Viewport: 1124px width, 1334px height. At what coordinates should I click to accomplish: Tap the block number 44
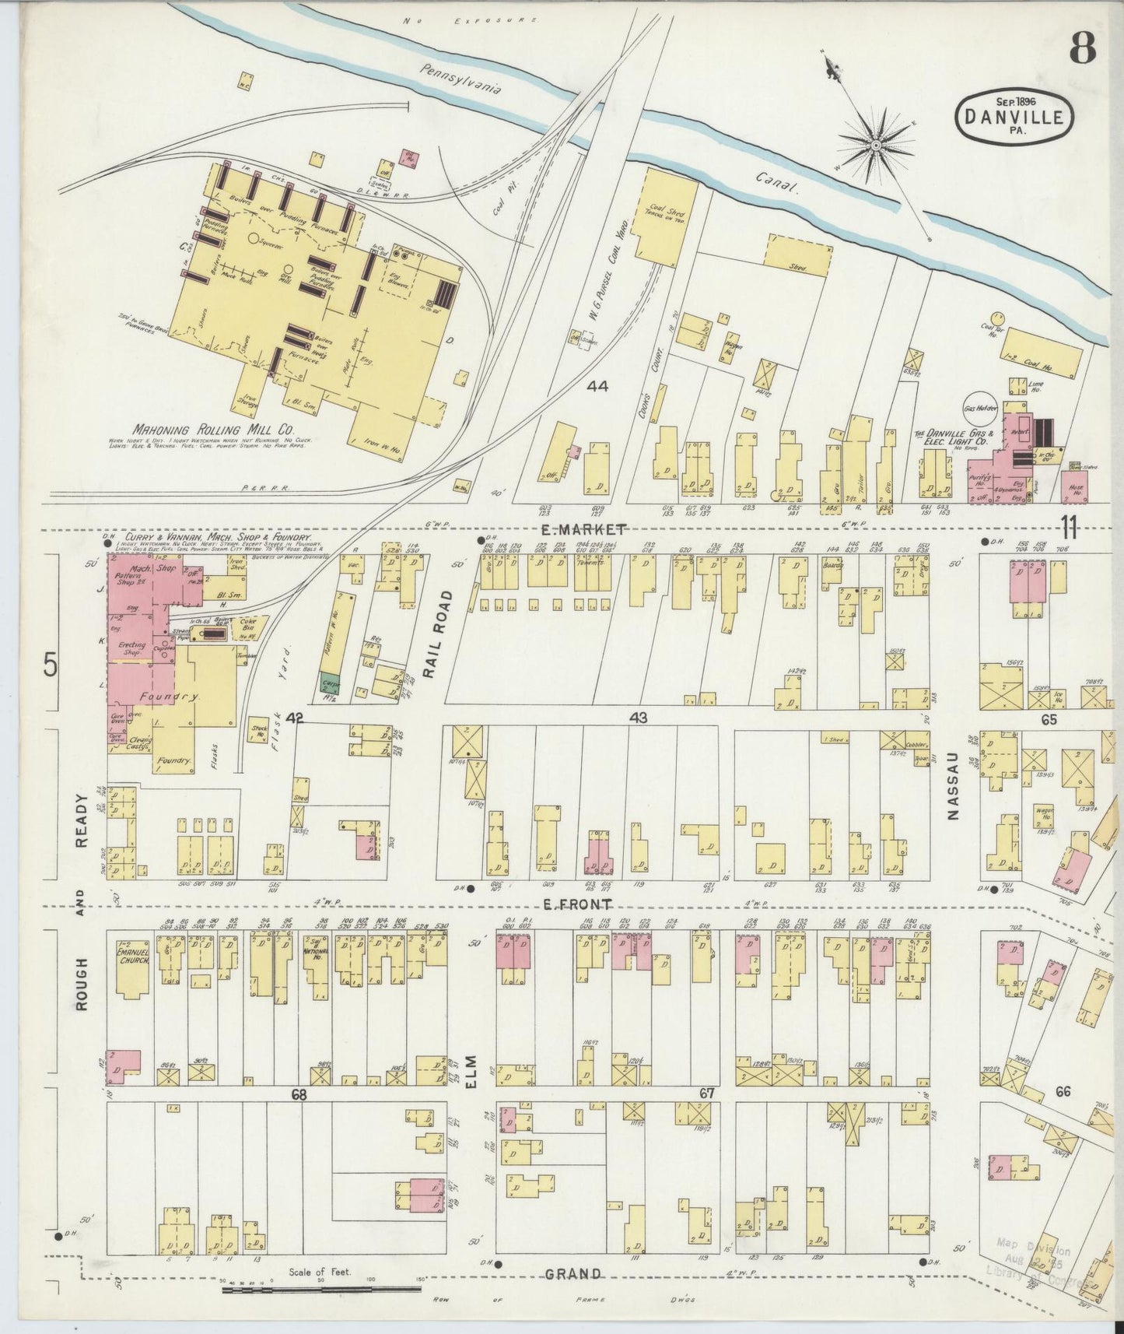(597, 386)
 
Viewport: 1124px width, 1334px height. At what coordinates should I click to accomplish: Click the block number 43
(639, 718)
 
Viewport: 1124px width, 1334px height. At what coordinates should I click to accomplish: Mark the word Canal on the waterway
(780, 182)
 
